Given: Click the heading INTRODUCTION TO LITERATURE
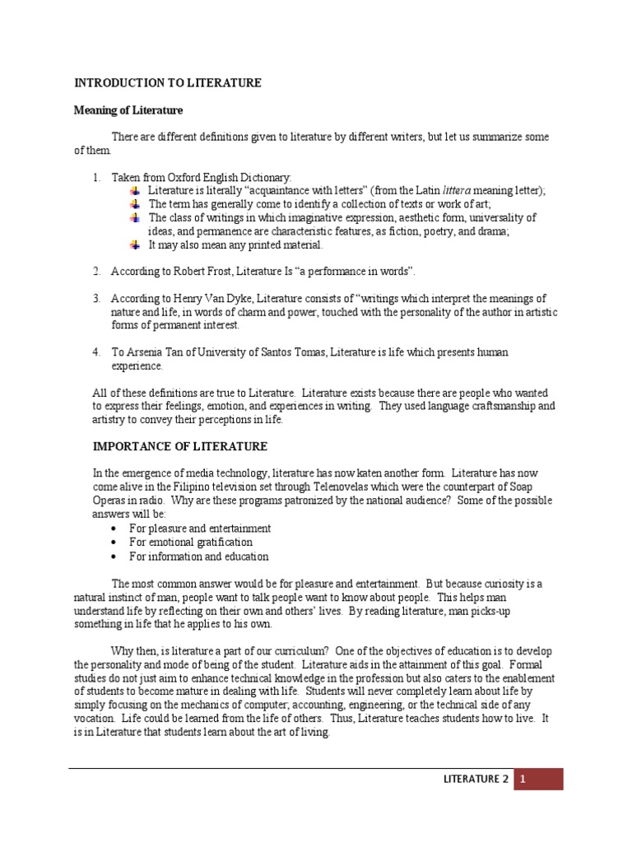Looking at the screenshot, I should tap(168, 83).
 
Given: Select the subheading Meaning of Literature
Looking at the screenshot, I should tap(128, 110).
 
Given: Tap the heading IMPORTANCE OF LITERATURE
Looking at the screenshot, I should tap(179, 446).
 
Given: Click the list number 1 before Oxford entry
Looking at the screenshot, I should tap(95, 177).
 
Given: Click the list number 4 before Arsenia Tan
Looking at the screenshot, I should tap(95, 352).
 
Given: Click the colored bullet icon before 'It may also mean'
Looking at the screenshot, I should tap(135, 245).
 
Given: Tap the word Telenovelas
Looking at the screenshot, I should tap(337, 487).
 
